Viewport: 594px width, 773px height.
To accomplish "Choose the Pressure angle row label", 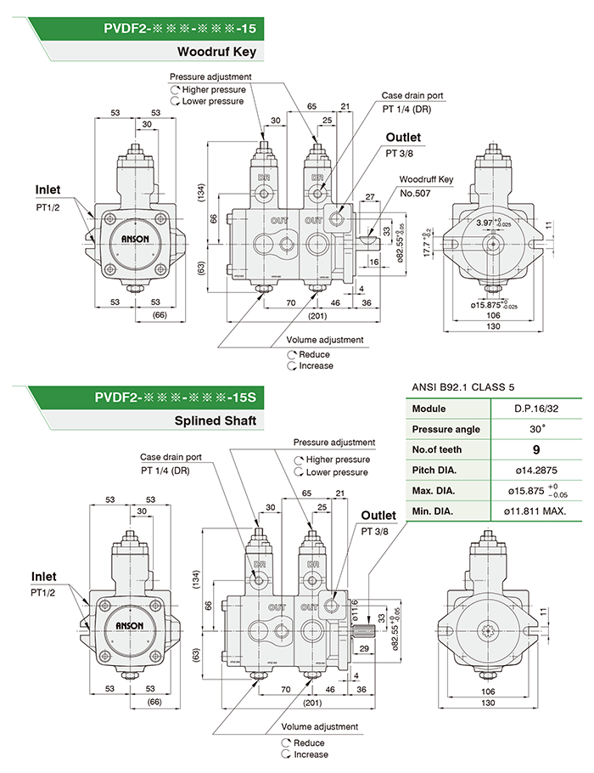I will [445, 429].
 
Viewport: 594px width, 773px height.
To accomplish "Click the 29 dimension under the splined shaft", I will [364, 648].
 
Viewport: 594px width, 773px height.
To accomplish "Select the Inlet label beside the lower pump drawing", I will [44, 577].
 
